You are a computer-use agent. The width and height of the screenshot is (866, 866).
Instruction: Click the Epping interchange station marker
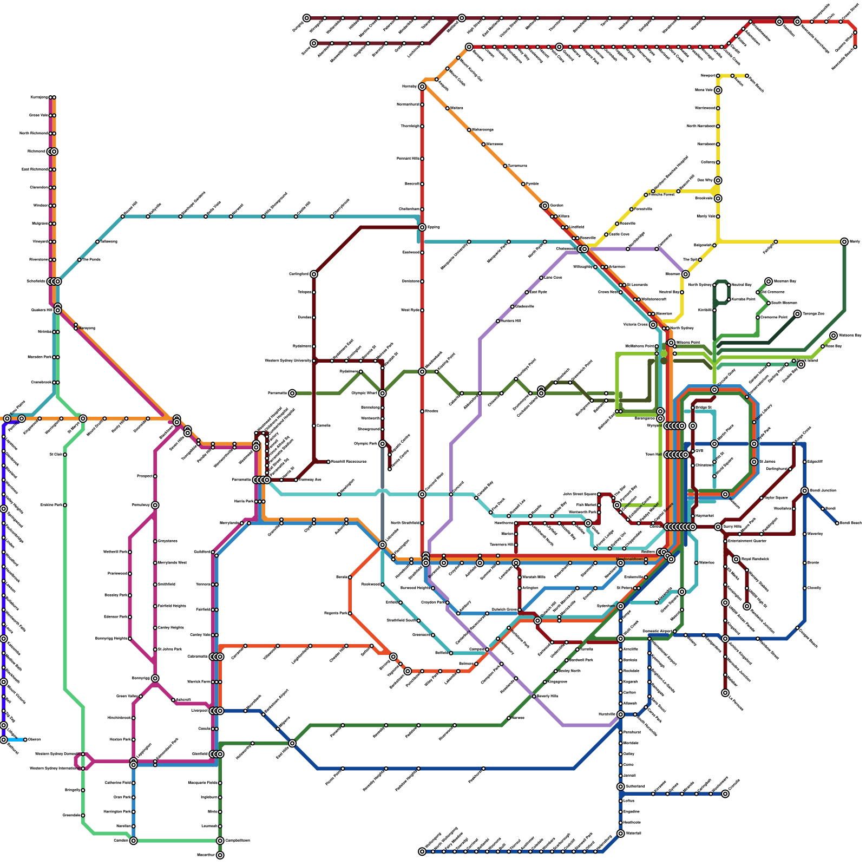(x=422, y=227)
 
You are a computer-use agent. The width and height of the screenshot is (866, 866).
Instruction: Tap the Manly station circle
(x=844, y=241)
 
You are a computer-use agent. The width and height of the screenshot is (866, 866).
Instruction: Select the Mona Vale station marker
(x=718, y=90)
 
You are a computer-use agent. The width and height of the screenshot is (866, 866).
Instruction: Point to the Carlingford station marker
(x=314, y=274)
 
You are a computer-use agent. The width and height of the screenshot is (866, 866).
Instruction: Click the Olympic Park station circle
(x=382, y=444)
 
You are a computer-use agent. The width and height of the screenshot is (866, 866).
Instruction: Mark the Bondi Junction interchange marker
(x=805, y=491)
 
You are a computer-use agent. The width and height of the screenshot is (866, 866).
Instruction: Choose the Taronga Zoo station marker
(x=797, y=314)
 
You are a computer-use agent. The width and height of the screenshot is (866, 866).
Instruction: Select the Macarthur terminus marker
(x=220, y=855)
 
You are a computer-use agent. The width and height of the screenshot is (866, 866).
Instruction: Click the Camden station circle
(x=133, y=841)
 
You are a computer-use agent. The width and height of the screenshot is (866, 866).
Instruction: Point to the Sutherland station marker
(x=620, y=786)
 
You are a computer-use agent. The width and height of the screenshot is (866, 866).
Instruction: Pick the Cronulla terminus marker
(x=725, y=794)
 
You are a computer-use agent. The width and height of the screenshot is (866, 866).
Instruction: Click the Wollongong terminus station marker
(x=422, y=851)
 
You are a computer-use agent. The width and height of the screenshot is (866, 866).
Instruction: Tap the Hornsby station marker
(x=422, y=87)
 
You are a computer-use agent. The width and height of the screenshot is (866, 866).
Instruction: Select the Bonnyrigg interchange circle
(x=155, y=678)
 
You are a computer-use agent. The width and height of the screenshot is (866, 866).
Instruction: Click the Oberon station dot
(x=25, y=740)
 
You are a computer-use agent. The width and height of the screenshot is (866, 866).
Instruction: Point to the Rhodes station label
(x=431, y=411)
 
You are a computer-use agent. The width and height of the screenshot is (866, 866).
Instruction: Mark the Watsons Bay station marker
(x=834, y=336)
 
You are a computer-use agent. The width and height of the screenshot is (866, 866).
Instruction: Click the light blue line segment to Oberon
(x=15, y=740)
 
